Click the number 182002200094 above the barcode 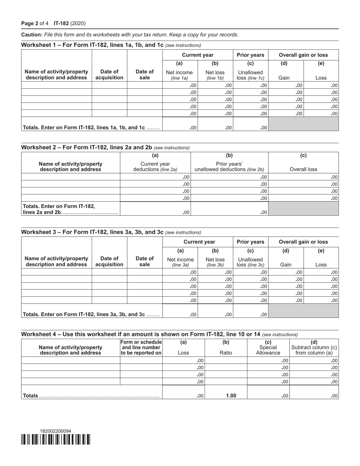55,431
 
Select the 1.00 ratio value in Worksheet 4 231,396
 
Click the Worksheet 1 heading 92,45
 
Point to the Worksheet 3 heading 92,232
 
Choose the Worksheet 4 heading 141,334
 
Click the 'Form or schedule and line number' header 141,347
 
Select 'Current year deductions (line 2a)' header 155,167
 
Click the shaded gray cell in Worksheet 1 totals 303,124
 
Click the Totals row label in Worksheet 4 30,396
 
